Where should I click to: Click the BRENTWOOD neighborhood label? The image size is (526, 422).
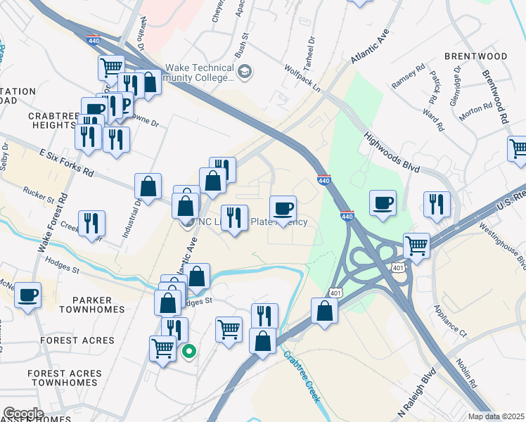(x=475, y=56)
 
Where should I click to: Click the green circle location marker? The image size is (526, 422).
(x=188, y=351)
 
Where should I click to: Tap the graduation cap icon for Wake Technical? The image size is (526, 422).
(x=245, y=71)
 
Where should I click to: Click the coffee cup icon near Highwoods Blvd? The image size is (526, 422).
(x=383, y=203)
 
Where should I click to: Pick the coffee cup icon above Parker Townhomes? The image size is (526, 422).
(x=27, y=295)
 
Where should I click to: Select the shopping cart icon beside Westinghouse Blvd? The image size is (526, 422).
(x=416, y=245)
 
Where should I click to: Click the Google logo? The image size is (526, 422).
(x=23, y=414)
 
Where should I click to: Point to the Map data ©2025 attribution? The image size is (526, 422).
(x=496, y=416)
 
